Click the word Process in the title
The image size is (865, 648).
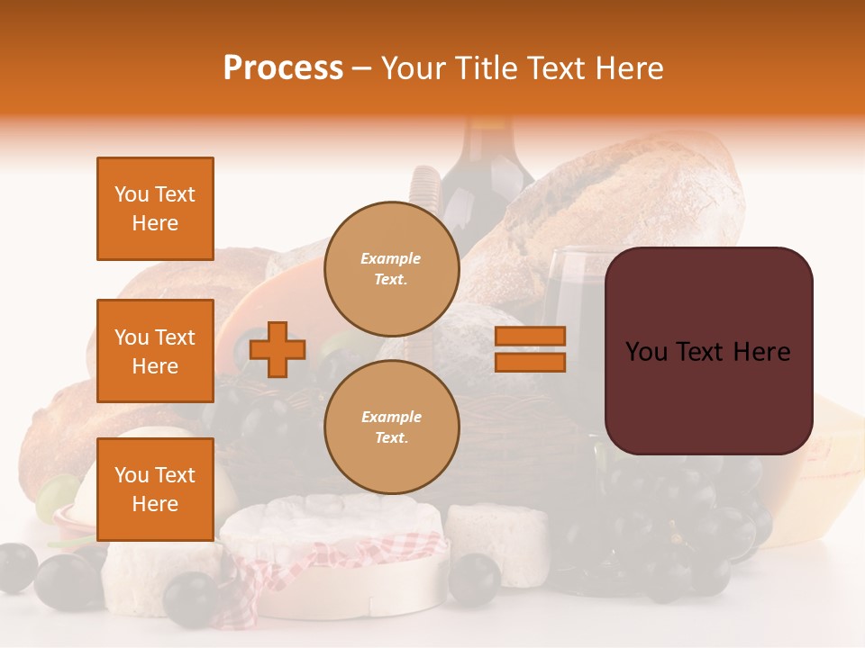[x=283, y=68]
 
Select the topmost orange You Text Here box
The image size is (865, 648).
[x=155, y=209]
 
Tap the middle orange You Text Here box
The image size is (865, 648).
[x=155, y=351]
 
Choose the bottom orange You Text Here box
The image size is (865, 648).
[x=155, y=489]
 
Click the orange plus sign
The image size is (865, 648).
[x=278, y=349]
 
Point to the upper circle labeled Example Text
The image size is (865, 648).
[x=391, y=268]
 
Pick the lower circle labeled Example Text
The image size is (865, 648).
[x=391, y=427]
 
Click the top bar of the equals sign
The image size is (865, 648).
[x=530, y=337]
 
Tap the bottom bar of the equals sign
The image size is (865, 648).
[x=530, y=362]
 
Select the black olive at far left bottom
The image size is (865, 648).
[x=16, y=567]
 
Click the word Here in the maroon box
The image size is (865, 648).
[x=761, y=352]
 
